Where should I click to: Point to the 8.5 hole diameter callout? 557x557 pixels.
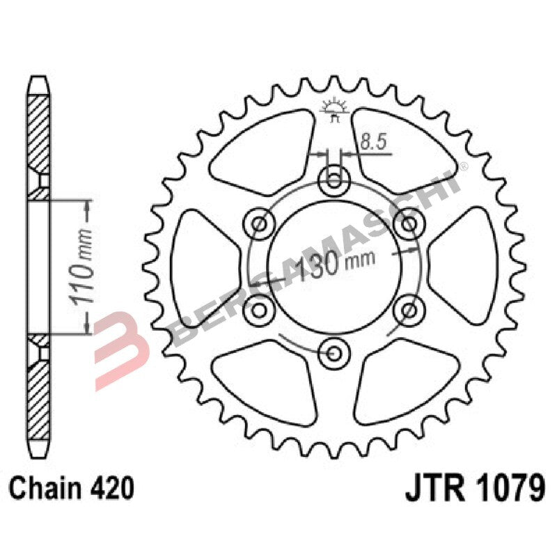tap(374, 143)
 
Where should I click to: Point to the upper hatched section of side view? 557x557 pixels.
tap(39, 136)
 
